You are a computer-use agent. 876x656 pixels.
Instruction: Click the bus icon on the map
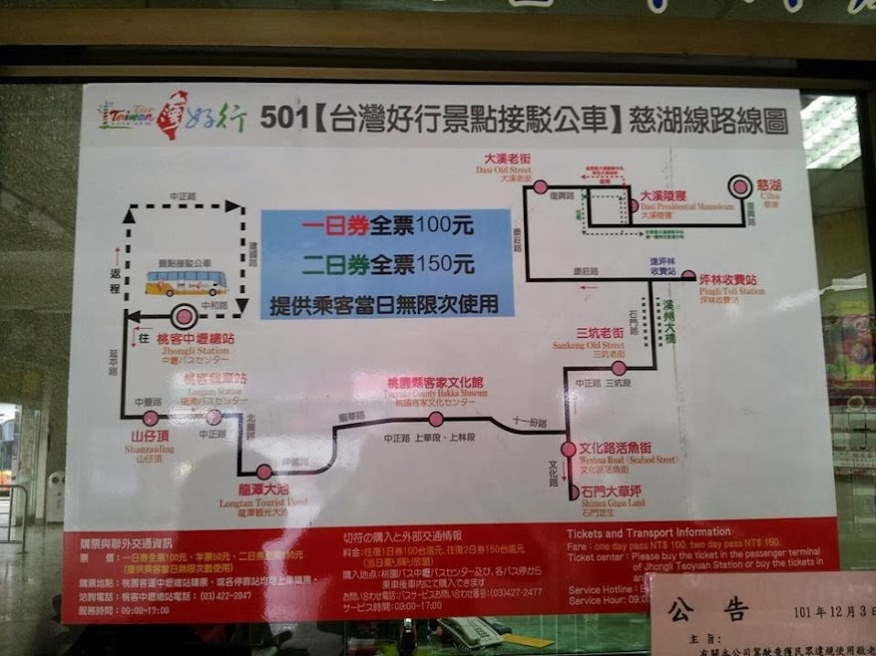point(186,283)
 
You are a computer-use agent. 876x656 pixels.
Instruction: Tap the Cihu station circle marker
point(739,186)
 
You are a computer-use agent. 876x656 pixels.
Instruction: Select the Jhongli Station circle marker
point(184,318)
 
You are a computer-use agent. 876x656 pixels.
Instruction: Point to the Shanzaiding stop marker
point(152,418)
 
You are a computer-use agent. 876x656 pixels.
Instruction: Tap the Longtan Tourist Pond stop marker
point(263,472)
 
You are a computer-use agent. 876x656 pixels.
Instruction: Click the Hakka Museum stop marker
point(436,419)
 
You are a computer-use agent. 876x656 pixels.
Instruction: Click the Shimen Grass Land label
point(612,495)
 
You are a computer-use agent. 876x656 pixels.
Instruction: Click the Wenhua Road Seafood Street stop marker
point(568,450)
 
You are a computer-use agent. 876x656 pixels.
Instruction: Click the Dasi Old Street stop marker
point(540,186)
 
